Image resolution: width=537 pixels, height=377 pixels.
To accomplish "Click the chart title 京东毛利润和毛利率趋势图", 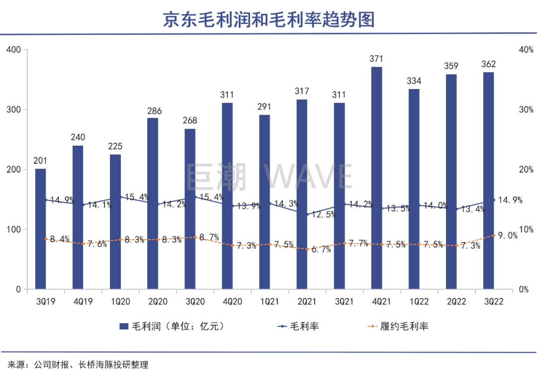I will tap(268, 19).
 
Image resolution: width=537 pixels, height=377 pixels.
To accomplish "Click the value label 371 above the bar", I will tap(377, 59).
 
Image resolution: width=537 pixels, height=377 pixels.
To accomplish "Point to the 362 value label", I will tap(489, 64).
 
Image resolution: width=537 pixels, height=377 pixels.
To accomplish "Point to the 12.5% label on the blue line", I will tap(324, 215).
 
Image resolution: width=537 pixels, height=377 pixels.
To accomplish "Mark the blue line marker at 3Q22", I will tap(494, 200).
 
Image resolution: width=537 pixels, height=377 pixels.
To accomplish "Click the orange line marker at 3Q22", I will tap(493, 235).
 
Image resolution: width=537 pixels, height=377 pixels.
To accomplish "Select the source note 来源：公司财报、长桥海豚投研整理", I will tap(75, 365).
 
